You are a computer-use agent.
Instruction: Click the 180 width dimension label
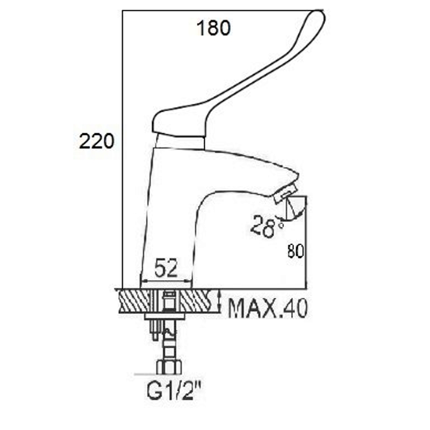[213, 28]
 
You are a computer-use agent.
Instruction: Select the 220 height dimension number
[96, 141]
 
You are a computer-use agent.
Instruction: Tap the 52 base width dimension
[166, 267]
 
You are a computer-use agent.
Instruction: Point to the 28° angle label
[266, 226]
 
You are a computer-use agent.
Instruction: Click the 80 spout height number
[296, 251]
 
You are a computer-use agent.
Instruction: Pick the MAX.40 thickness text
[268, 308]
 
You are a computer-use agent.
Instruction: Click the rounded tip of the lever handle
[318, 17]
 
